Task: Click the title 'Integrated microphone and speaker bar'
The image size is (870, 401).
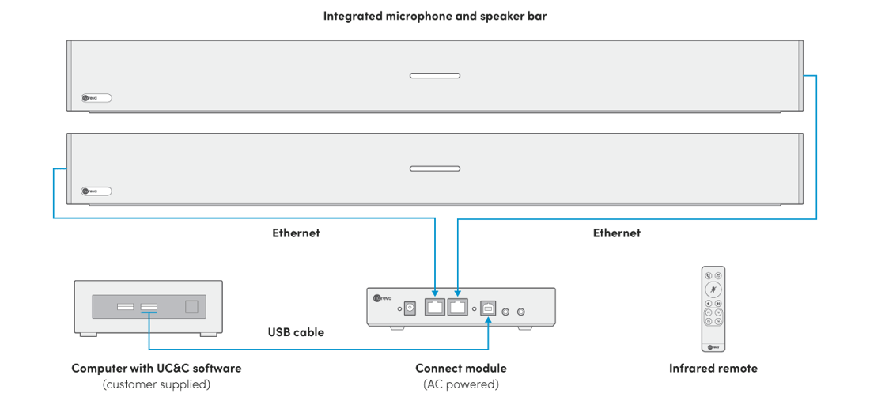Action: coord(435,16)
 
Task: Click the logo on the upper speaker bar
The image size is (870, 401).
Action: coord(96,99)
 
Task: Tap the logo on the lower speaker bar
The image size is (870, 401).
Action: coord(96,191)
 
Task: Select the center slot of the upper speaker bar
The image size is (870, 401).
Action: coord(434,76)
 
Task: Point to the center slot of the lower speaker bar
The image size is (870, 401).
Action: coord(434,168)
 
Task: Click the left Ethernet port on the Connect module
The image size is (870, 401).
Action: coord(435,307)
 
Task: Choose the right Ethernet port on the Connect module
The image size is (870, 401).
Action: coord(458,307)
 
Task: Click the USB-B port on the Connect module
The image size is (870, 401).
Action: coord(488,308)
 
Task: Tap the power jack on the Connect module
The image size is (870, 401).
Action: coord(410,308)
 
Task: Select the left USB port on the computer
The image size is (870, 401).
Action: coord(125,306)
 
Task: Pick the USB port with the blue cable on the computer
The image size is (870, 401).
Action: coord(148,306)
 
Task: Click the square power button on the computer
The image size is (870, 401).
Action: coord(191,306)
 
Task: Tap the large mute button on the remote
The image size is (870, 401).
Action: coord(713,289)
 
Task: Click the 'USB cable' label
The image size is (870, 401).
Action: coord(295,332)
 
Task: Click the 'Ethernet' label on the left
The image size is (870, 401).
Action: coord(296,233)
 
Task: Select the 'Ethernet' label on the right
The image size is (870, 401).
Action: coord(616,233)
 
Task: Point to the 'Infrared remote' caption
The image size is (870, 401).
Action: coord(713,369)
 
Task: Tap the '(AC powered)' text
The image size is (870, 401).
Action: coord(461,384)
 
